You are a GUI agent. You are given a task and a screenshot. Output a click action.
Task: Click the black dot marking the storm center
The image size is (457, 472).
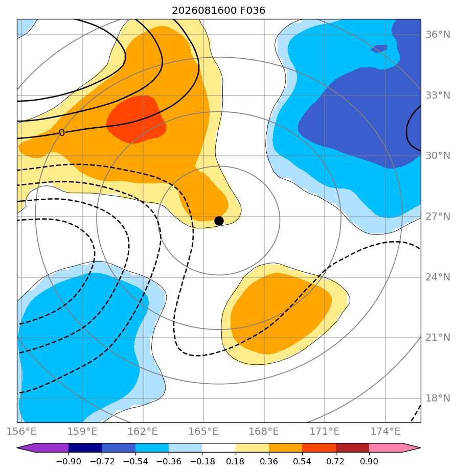219,221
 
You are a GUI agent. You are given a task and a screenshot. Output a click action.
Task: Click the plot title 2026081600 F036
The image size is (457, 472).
218,11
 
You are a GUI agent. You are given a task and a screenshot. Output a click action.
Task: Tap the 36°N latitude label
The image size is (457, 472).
438,35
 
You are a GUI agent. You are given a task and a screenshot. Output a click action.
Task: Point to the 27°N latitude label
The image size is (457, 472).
438,217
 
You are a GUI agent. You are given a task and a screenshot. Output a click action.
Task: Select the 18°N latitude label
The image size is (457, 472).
438,398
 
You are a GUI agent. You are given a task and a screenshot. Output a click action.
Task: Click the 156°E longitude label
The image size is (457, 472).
21,431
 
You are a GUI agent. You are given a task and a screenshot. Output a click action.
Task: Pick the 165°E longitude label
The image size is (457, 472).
203,431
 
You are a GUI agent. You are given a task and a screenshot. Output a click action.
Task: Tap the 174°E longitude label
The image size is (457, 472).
385,431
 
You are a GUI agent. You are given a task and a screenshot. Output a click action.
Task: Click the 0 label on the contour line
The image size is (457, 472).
62,132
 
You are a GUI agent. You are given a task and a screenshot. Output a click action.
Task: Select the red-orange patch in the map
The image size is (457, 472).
135,120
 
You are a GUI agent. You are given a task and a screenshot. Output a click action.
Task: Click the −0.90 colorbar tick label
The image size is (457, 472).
68,461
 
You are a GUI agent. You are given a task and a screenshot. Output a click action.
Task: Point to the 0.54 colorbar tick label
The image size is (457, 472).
302,461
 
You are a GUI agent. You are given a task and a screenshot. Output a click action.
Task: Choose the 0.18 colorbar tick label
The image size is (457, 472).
235,461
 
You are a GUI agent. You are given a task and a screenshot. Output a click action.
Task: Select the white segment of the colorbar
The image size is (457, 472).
219,447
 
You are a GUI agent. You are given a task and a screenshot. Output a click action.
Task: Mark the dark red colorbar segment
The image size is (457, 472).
353,447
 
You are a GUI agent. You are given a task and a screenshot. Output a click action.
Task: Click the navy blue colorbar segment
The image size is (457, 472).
85,447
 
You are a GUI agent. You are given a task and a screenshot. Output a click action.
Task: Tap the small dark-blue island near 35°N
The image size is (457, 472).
379,48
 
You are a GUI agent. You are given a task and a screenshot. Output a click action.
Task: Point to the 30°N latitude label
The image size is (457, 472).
438,156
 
